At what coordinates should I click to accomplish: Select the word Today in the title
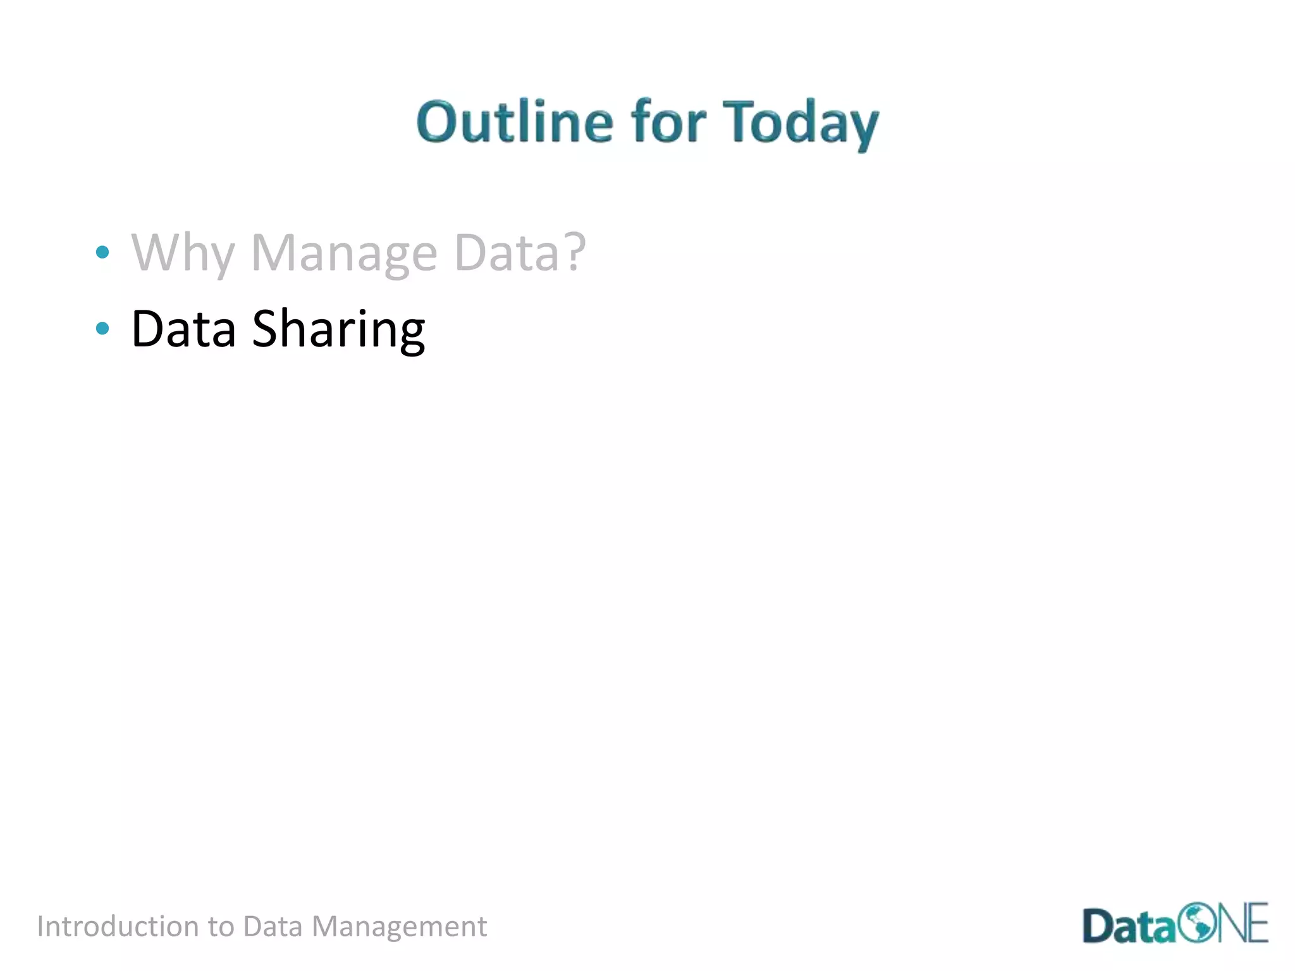801,124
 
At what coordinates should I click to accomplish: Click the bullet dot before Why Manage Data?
102,253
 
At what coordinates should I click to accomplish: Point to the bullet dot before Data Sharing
102,328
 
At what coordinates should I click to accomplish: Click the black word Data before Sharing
183,329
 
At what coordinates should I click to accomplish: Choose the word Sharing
338,330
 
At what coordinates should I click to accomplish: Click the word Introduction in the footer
118,927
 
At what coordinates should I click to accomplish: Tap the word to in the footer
221,927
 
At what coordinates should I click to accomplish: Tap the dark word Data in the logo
1129,927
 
